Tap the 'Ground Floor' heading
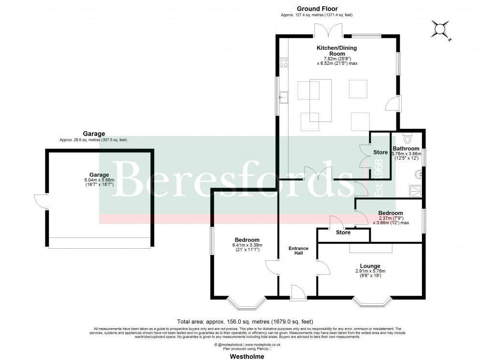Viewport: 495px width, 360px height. click(x=317, y=9)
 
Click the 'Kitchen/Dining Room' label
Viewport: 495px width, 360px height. click(x=333, y=51)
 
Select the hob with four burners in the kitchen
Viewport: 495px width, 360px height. click(x=284, y=62)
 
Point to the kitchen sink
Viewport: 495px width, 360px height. click(x=283, y=97)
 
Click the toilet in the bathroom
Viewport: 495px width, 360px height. click(x=407, y=137)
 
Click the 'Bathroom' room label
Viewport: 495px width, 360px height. click(x=406, y=149)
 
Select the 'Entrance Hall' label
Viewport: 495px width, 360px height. click(x=298, y=251)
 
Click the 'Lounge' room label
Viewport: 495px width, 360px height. click(x=370, y=266)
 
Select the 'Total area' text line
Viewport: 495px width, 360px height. click(x=245, y=321)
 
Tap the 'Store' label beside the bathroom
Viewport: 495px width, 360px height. click(x=380, y=152)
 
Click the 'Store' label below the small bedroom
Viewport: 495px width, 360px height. click(x=343, y=233)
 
